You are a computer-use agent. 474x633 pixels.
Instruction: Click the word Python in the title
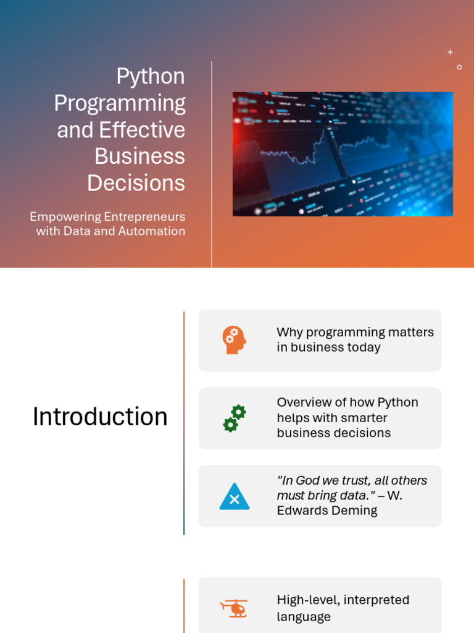(151, 77)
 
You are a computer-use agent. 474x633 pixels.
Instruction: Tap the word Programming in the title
(120, 104)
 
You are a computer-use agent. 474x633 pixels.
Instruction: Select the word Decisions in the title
(136, 183)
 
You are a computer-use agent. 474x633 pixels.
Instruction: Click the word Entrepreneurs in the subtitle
(144, 217)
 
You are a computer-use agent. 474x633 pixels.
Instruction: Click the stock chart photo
(343, 154)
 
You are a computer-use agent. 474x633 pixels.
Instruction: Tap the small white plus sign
(450, 52)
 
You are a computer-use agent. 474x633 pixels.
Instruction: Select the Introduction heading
(100, 417)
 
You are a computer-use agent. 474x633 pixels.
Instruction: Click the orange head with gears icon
(234, 340)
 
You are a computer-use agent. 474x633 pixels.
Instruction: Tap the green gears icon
(235, 418)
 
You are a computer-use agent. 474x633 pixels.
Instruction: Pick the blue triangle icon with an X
(234, 496)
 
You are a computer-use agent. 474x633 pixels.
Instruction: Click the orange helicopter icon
(234, 608)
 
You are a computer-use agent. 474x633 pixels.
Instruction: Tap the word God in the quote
(307, 480)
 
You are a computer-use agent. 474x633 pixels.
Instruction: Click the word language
(304, 618)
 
